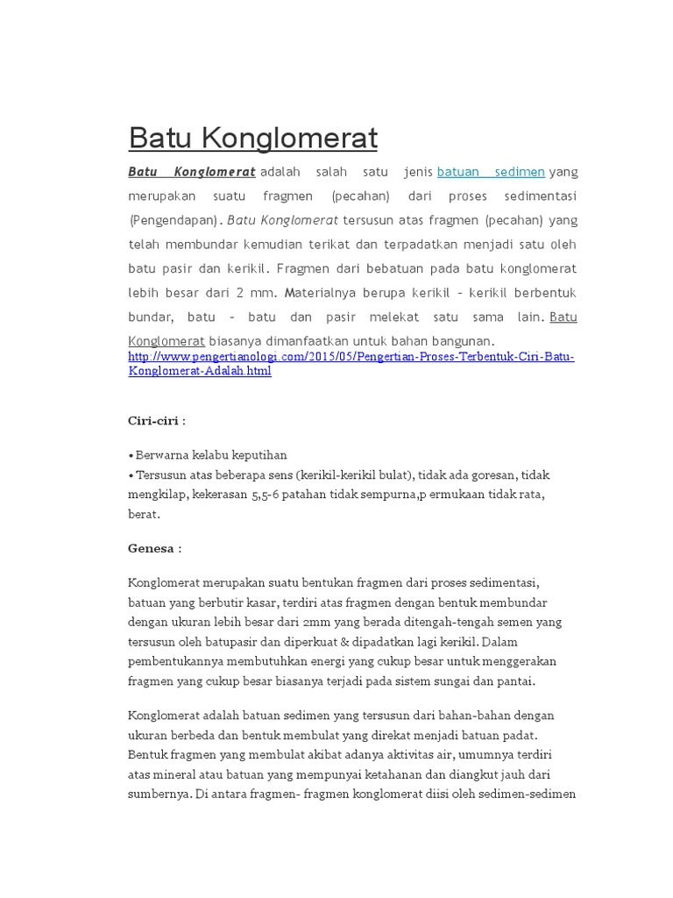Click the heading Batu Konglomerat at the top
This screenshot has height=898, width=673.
pyautogui.click(x=252, y=138)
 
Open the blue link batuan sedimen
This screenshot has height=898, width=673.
pyautogui.click(x=491, y=172)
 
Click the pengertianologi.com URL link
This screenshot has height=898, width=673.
pyautogui.click(x=351, y=364)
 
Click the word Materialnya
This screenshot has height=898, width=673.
pyautogui.click(x=323, y=292)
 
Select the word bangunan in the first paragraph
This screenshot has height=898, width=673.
pyautogui.click(x=464, y=340)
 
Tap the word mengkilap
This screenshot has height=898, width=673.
pyautogui.click(x=155, y=495)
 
